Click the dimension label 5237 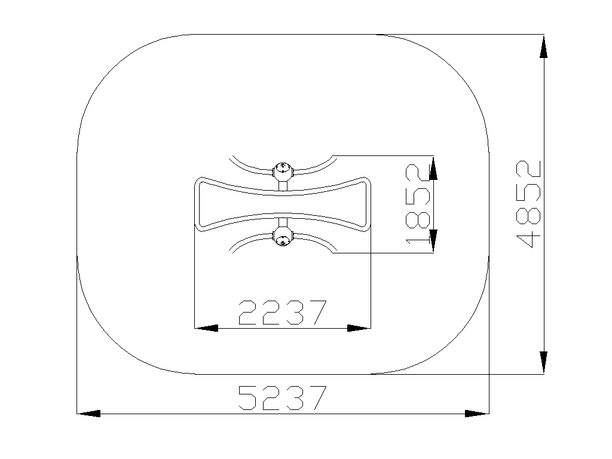tap(282, 397)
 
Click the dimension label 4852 tap(528, 204)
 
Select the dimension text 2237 tap(282, 312)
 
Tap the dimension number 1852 tap(418, 204)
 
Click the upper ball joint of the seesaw tap(283, 171)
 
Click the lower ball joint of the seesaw tap(283, 237)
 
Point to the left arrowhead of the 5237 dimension tap(88, 414)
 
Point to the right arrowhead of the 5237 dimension tap(477, 414)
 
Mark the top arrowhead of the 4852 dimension tap(543, 47)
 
